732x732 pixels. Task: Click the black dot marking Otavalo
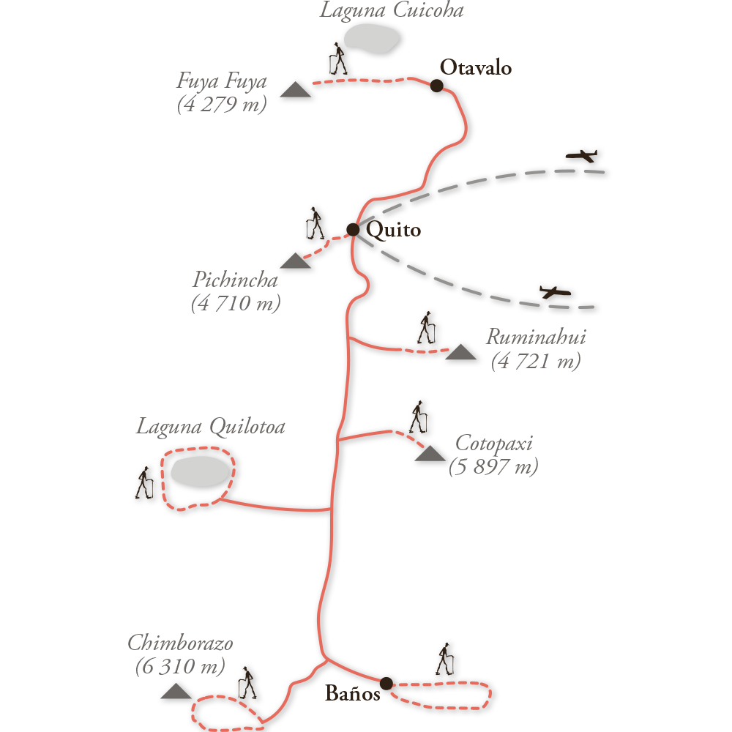pyautogui.click(x=436, y=86)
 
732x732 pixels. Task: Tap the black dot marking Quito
pyautogui.click(x=353, y=230)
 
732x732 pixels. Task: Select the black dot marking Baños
pyautogui.click(x=386, y=684)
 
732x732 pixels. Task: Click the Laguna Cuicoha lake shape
pyautogui.click(x=372, y=38)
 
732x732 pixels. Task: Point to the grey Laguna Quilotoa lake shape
pyautogui.click(x=201, y=471)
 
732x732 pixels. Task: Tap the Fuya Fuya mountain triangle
pyautogui.click(x=296, y=89)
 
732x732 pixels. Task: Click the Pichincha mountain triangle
pyautogui.click(x=296, y=261)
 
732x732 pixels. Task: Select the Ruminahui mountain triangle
pyautogui.click(x=460, y=352)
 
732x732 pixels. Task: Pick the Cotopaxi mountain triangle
pyautogui.click(x=430, y=454)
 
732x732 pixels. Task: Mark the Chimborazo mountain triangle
pyautogui.click(x=176, y=691)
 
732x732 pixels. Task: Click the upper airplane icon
pyautogui.click(x=581, y=156)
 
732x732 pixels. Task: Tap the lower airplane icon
pyautogui.click(x=555, y=292)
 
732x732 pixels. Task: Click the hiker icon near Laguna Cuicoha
pyautogui.click(x=338, y=59)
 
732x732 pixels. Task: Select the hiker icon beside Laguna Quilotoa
pyautogui.click(x=144, y=482)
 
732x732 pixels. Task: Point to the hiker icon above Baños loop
pyautogui.click(x=445, y=659)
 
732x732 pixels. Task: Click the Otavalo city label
pyautogui.click(x=476, y=67)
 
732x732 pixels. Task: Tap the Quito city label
pyautogui.click(x=394, y=230)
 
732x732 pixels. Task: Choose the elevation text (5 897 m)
pyautogui.click(x=493, y=466)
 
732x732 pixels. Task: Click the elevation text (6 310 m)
pyautogui.click(x=180, y=666)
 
